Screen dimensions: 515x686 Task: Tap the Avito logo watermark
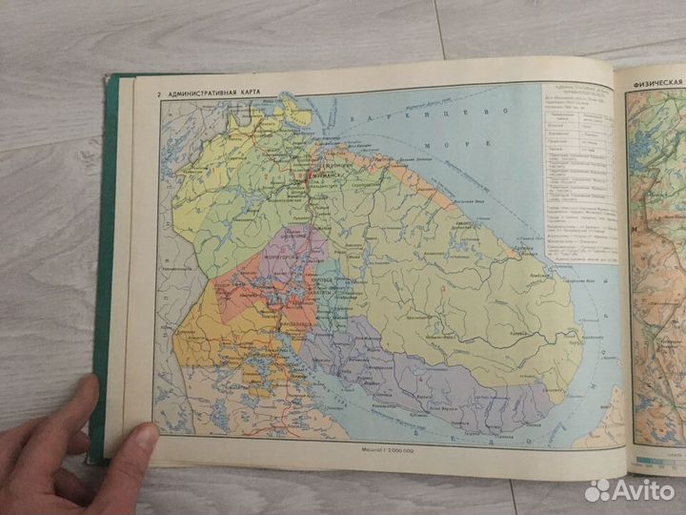[x=630, y=490]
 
